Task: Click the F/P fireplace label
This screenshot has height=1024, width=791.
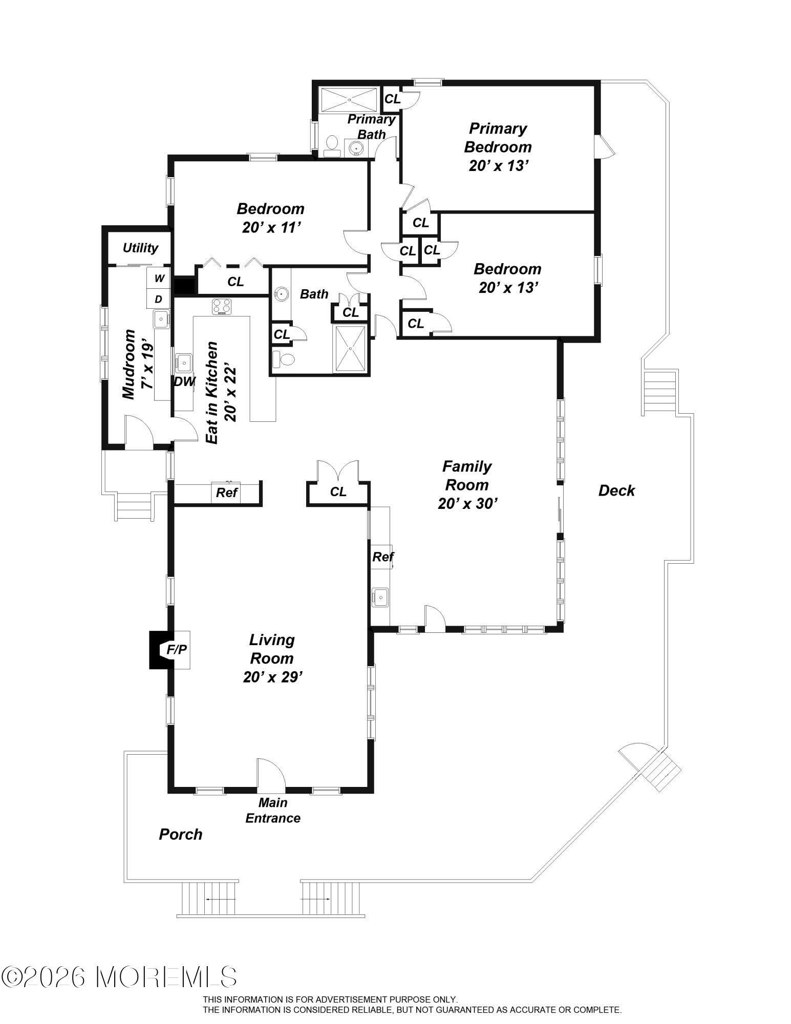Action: click(177, 650)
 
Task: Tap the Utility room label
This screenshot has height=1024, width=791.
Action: click(140, 248)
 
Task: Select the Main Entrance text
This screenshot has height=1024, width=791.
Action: click(273, 810)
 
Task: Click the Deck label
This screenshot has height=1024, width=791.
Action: click(616, 490)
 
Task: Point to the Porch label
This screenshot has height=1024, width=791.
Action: click(180, 835)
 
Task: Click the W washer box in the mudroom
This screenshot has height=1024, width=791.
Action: click(159, 278)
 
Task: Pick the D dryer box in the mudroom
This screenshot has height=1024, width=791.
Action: click(159, 299)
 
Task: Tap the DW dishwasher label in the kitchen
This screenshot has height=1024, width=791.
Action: click(184, 381)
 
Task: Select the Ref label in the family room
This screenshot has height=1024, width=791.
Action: click(383, 557)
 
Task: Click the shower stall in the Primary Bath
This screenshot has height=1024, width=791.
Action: click(350, 99)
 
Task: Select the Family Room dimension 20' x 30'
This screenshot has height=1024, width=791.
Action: click(468, 504)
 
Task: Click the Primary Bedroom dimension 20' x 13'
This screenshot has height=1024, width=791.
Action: click(498, 166)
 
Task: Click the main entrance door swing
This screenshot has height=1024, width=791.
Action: click(270, 773)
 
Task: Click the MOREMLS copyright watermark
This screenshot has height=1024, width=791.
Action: click(119, 977)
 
